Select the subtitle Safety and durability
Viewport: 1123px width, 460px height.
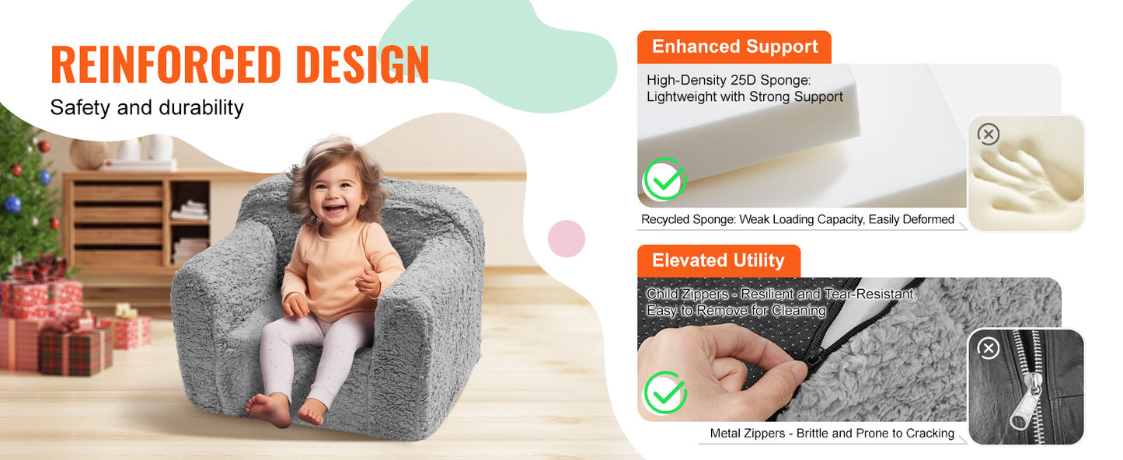[147, 107]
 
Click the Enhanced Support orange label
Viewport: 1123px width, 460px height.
[734, 47]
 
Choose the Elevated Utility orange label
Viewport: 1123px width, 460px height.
[718, 260]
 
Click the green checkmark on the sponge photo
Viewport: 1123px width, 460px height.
[664, 179]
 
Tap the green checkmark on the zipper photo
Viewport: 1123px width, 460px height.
[665, 392]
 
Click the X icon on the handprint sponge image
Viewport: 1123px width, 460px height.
[988, 134]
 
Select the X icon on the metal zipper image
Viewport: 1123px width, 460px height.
[988, 348]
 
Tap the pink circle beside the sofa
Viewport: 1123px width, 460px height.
[567, 239]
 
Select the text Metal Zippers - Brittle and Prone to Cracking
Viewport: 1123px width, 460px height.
[832, 434]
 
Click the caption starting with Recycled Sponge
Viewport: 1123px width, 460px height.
[797, 220]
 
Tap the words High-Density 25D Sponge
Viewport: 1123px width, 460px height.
[728, 80]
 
